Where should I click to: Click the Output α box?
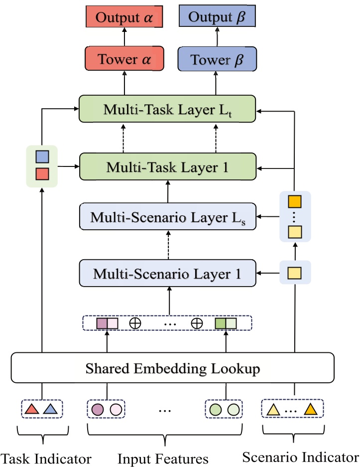(x=123, y=18)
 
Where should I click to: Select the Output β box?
(x=217, y=18)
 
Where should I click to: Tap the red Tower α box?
(x=123, y=60)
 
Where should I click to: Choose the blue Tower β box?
(x=217, y=60)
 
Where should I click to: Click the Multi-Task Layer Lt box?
(x=167, y=109)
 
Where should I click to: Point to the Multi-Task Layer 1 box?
(x=167, y=167)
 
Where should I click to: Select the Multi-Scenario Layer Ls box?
(x=167, y=216)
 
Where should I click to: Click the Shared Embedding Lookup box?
(x=172, y=369)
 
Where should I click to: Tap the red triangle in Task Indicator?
(x=32, y=410)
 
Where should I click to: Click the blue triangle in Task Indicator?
(x=50, y=410)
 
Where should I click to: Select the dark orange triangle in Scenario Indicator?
(x=310, y=410)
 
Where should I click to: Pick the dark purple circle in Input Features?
(x=98, y=410)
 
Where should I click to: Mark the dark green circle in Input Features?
(x=215, y=410)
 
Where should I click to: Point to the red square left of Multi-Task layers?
(x=41, y=174)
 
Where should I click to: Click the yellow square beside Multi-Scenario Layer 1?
(x=295, y=273)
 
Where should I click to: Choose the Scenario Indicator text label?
(x=300, y=456)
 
